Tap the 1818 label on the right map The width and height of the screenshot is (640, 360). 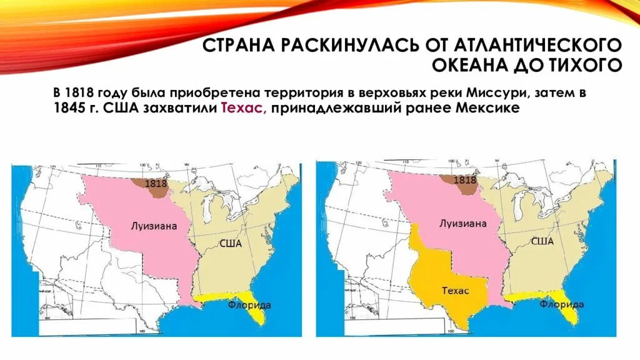tap(465, 180)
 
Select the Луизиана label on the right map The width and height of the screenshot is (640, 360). tap(462, 222)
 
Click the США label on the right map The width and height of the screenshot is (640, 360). tap(541, 241)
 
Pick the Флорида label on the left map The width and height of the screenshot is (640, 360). tap(249, 305)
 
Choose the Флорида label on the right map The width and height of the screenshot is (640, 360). tap(562, 304)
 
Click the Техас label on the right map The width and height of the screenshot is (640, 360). tap(455, 291)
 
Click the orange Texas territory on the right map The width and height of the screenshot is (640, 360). tap(447, 275)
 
